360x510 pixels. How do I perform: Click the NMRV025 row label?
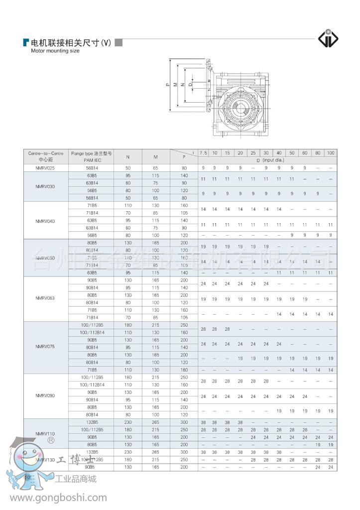click(44, 168)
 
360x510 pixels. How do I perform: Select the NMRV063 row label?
click(44, 298)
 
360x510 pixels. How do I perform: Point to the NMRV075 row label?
click(44, 347)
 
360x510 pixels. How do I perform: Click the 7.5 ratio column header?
click(203, 153)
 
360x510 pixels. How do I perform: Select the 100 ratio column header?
click(331, 153)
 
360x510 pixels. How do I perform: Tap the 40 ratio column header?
click(279, 153)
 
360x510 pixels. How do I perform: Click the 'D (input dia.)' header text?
click(266, 160)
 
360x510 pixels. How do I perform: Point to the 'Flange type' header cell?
click(92, 156)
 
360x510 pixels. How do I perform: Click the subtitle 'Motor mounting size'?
click(55, 51)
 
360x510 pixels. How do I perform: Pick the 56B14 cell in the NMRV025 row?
click(92, 168)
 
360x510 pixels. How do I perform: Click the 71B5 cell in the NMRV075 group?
click(92, 370)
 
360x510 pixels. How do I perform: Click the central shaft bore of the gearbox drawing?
click(240, 106)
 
